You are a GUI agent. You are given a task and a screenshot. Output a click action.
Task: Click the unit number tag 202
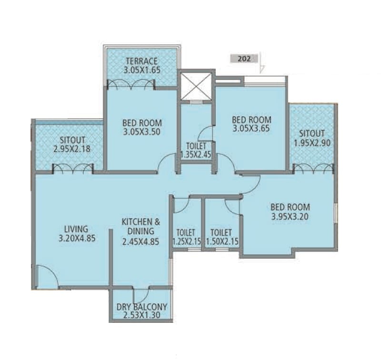[244, 59]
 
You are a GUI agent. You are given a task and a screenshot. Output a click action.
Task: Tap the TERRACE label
[141, 61]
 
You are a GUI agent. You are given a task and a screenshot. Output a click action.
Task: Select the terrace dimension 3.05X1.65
[141, 70]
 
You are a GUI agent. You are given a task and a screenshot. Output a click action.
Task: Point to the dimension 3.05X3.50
[142, 131]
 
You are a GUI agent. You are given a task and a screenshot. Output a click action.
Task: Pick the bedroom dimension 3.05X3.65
[251, 129]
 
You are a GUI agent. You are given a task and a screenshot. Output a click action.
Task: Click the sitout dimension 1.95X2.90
[312, 142]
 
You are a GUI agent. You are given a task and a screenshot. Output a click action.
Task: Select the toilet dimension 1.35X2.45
[196, 155]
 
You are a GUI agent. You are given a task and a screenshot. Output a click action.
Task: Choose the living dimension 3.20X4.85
[77, 238]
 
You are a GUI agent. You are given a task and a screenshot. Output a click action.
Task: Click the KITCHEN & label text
[141, 222]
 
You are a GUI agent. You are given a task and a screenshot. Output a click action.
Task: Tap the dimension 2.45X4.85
[140, 241]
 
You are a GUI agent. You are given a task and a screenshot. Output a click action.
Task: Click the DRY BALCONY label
[141, 307]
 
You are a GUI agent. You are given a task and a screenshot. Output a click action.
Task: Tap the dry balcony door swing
[142, 295]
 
